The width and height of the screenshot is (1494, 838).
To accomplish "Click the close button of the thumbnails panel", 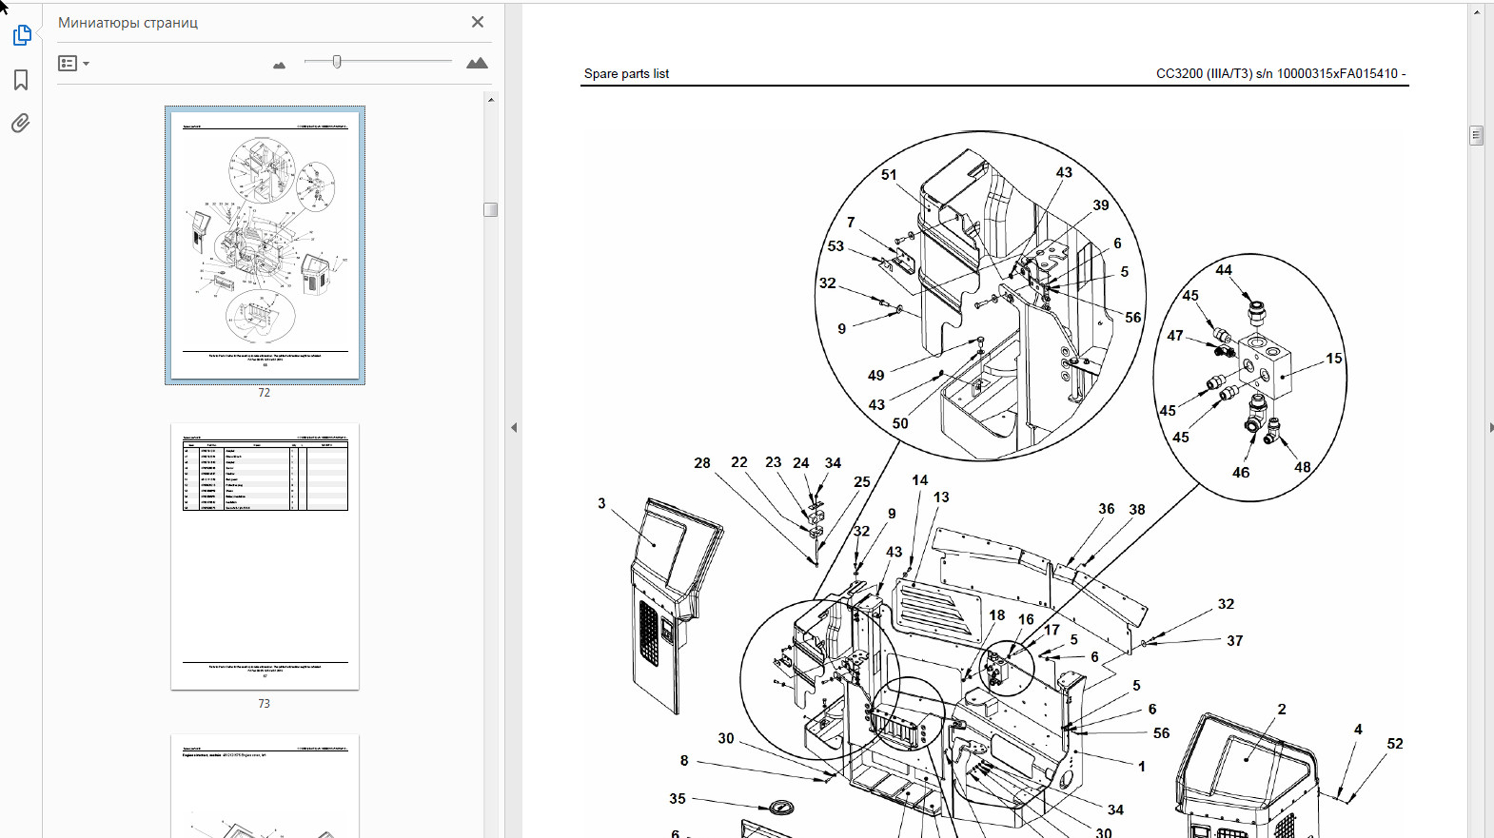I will coord(477,22).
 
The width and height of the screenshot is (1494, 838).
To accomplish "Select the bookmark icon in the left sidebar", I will coord(21,80).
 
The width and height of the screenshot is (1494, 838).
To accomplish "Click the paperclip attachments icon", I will coord(20,123).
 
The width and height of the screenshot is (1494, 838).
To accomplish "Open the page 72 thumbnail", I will coord(264,245).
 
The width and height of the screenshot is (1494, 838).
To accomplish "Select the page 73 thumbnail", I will coord(264,556).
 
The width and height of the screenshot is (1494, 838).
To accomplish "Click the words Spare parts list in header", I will coord(626,74).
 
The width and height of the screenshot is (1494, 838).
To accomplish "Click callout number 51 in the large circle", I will coord(888,174).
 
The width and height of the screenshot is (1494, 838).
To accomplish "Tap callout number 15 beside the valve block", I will coord(1333,358).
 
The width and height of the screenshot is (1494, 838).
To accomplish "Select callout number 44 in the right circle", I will coord(1223,270).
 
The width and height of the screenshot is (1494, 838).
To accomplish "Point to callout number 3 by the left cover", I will coord(601,504).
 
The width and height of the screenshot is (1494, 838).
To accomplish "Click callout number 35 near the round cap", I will coord(677,799).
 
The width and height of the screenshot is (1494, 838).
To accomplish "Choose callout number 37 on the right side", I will coord(1234,640).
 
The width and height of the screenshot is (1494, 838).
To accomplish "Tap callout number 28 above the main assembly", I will coord(702,463).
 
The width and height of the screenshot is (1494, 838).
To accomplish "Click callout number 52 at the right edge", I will coord(1394,744).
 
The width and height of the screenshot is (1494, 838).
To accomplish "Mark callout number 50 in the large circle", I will coord(899,424).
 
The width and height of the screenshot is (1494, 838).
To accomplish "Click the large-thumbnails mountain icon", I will coord(477,63).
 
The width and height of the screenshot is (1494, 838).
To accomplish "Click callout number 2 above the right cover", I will coord(1282,709).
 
